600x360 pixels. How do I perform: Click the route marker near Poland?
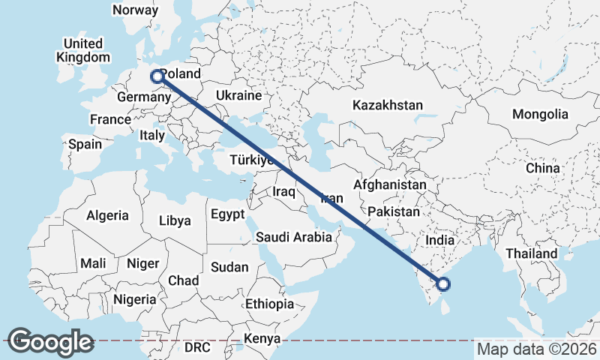157,76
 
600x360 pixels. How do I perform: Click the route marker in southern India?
443,283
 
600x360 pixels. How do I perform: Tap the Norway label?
135,10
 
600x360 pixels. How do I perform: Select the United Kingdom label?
83,50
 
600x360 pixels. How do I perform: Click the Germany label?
145,98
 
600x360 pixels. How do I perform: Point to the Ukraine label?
238,96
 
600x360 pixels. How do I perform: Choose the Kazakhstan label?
388,105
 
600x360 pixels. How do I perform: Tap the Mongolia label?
539,115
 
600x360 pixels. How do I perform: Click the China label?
542,168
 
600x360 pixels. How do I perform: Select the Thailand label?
531,253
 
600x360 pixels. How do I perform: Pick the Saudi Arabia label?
293,237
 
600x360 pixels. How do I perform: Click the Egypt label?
227,214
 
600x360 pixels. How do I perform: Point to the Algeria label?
107,215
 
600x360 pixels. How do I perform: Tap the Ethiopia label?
269,304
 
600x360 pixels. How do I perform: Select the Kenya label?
256,340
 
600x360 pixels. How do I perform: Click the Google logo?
50,342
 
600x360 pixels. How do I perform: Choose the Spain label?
85,144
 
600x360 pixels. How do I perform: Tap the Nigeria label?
136,299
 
